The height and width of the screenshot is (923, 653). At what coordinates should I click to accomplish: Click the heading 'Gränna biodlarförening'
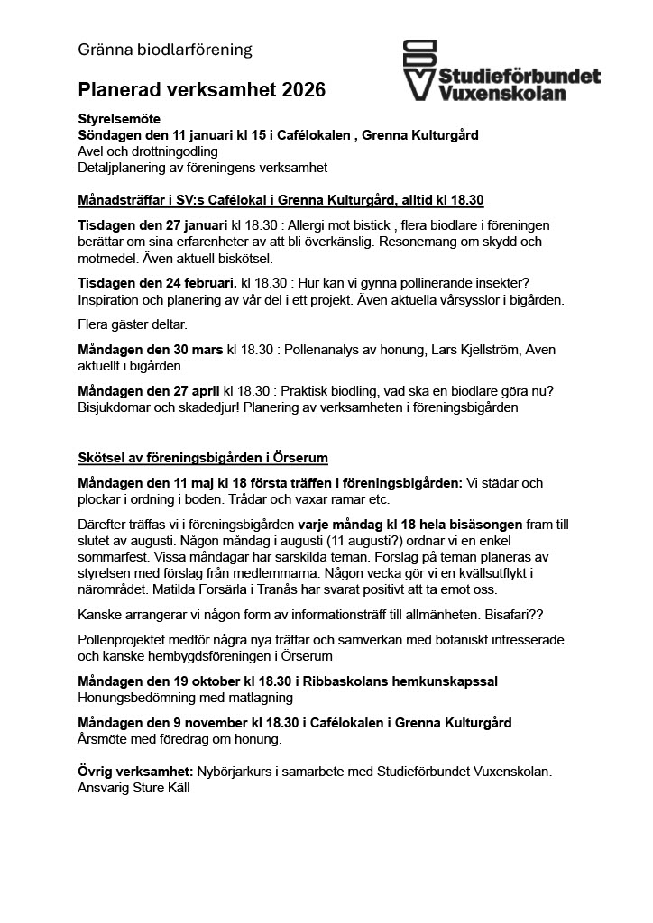point(165,50)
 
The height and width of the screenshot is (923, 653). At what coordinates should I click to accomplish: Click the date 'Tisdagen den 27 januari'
point(152,224)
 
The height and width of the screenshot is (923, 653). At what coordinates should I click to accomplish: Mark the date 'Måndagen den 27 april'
point(149,392)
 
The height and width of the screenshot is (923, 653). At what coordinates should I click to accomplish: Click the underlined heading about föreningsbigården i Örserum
point(203,458)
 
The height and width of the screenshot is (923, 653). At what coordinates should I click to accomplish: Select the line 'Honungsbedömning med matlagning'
point(186,698)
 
